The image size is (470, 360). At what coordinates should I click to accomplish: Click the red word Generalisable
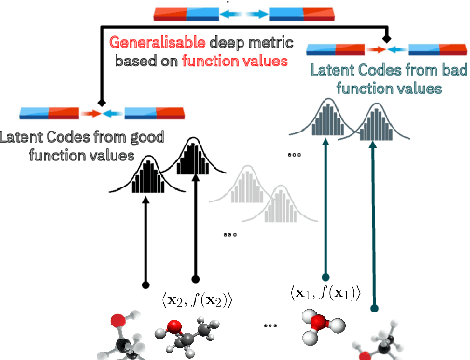point(155,43)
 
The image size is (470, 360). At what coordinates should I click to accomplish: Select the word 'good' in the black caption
point(113,138)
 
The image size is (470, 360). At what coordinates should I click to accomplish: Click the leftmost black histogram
point(148,177)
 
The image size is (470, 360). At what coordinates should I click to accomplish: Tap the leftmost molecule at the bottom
point(123,339)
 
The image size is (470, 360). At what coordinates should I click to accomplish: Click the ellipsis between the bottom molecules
point(270,326)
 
